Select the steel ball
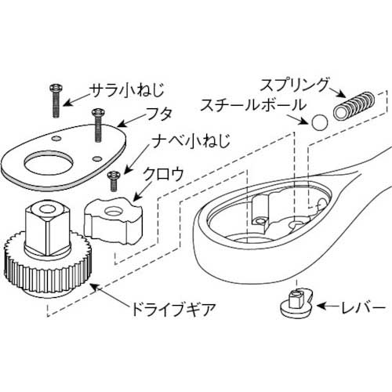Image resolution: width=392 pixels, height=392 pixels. [319, 122]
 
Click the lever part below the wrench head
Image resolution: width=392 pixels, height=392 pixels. [296, 303]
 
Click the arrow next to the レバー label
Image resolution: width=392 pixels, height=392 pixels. [326, 308]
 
